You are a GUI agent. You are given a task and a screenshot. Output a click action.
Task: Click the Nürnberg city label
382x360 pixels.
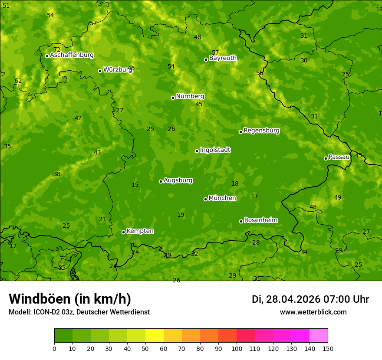(190, 96)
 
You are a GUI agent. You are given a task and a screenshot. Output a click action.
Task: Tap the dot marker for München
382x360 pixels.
(205, 199)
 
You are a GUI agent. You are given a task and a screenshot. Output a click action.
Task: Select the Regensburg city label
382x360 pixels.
(261, 131)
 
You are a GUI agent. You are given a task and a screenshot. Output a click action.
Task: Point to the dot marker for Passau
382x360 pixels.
(326, 158)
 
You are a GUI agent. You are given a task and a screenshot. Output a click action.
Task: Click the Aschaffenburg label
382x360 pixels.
(72, 55)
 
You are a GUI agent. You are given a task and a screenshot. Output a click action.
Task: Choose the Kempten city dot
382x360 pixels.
(123, 232)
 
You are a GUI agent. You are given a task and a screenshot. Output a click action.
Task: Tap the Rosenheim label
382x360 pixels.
(260, 220)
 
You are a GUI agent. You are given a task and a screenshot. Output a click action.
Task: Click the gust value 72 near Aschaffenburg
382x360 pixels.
(57, 50)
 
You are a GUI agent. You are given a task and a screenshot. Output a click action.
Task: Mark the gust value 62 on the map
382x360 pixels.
(18, 81)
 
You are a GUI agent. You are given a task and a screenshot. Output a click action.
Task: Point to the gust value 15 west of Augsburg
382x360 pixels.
(135, 185)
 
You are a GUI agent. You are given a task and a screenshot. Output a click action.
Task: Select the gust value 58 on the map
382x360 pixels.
(260, 73)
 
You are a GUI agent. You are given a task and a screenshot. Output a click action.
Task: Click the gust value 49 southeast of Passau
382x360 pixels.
(338, 198)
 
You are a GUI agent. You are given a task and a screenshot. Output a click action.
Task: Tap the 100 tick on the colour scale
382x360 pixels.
(237, 348)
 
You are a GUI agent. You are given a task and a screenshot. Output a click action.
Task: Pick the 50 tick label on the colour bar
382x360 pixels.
(145, 348)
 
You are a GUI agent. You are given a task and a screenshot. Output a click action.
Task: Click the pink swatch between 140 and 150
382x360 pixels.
(319, 336)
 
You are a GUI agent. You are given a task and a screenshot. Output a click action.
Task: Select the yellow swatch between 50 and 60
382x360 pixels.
(155, 336)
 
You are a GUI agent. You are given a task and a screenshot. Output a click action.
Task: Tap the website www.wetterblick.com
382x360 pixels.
(313, 312)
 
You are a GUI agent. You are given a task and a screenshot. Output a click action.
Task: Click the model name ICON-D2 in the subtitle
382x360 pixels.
(48, 312)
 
